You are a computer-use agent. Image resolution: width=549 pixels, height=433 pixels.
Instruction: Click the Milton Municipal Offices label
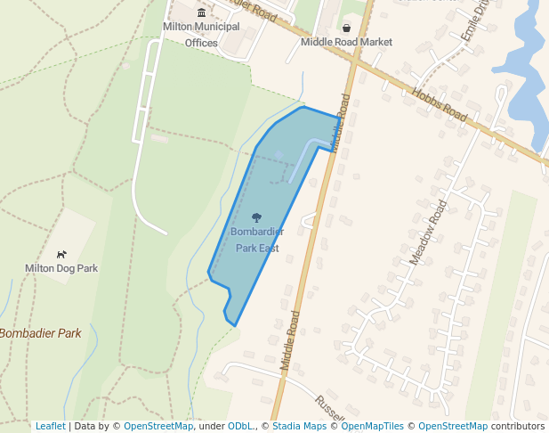click(x=201, y=34)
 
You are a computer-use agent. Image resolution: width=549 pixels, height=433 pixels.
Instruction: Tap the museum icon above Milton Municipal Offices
click(x=201, y=12)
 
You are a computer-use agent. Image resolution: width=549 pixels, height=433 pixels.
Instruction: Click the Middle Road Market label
click(x=346, y=42)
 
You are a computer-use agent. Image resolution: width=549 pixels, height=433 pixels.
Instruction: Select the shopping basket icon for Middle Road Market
click(x=346, y=28)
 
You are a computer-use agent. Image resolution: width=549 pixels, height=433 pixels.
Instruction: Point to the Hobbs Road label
click(x=439, y=104)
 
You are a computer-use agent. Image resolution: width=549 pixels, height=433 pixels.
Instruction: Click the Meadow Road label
click(x=428, y=233)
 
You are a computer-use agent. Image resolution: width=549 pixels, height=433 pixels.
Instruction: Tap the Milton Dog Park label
click(x=61, y=268)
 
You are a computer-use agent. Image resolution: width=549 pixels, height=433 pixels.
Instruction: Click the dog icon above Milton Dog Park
click(x=61, y=254)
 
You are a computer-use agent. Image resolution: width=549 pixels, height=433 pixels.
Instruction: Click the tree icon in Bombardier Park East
click(x=257, y=217)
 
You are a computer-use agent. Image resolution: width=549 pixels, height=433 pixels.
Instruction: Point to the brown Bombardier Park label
click(x=41, y=333)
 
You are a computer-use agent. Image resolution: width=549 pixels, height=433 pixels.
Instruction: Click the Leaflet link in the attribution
click(x=50, y=426)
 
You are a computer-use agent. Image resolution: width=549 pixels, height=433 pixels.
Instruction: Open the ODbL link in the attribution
click(x=240, y=426)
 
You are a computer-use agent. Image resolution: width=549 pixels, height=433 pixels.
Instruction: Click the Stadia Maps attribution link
click(x=299, y=426)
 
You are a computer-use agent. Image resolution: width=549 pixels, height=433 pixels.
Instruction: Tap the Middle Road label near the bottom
click(x=290, y=340)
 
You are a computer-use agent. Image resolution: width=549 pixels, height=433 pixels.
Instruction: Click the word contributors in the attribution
click(x=518, y=426)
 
